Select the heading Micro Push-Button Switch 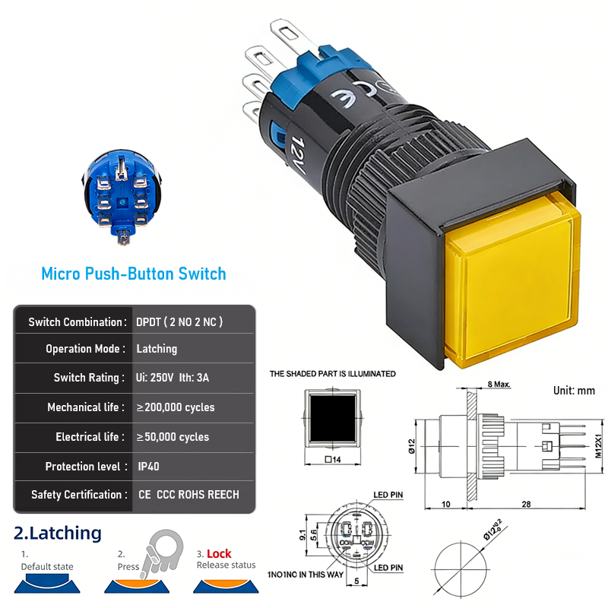click(134, 274)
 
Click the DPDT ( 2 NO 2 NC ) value click(179, 321)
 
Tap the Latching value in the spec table click(157, 349)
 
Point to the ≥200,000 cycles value click(176, 407)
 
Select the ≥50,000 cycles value click(173, 437)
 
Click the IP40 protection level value click(148, 467)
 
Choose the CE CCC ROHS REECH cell click(188, 495)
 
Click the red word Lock click(219, 554)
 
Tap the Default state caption click(47, 567)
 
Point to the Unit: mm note click(574, 391)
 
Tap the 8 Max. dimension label click(499, 385)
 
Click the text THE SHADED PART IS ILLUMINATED click(333, 374)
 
